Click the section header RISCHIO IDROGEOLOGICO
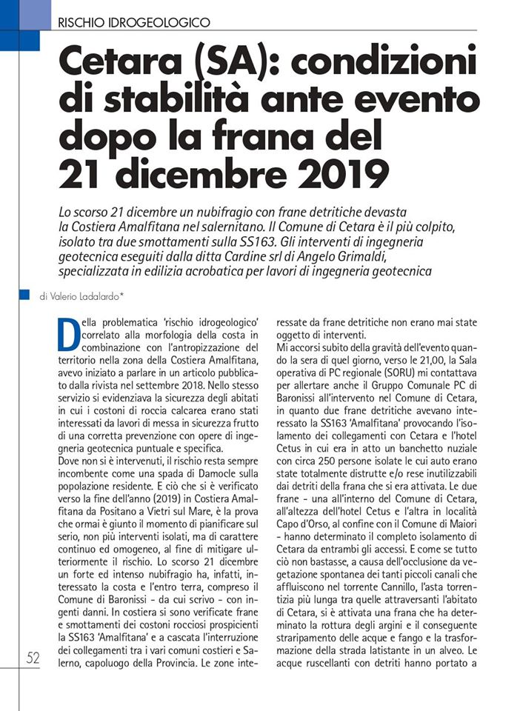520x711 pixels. [133, 22]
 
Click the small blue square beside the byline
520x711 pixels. [24, 294]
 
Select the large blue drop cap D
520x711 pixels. [67, 334]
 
